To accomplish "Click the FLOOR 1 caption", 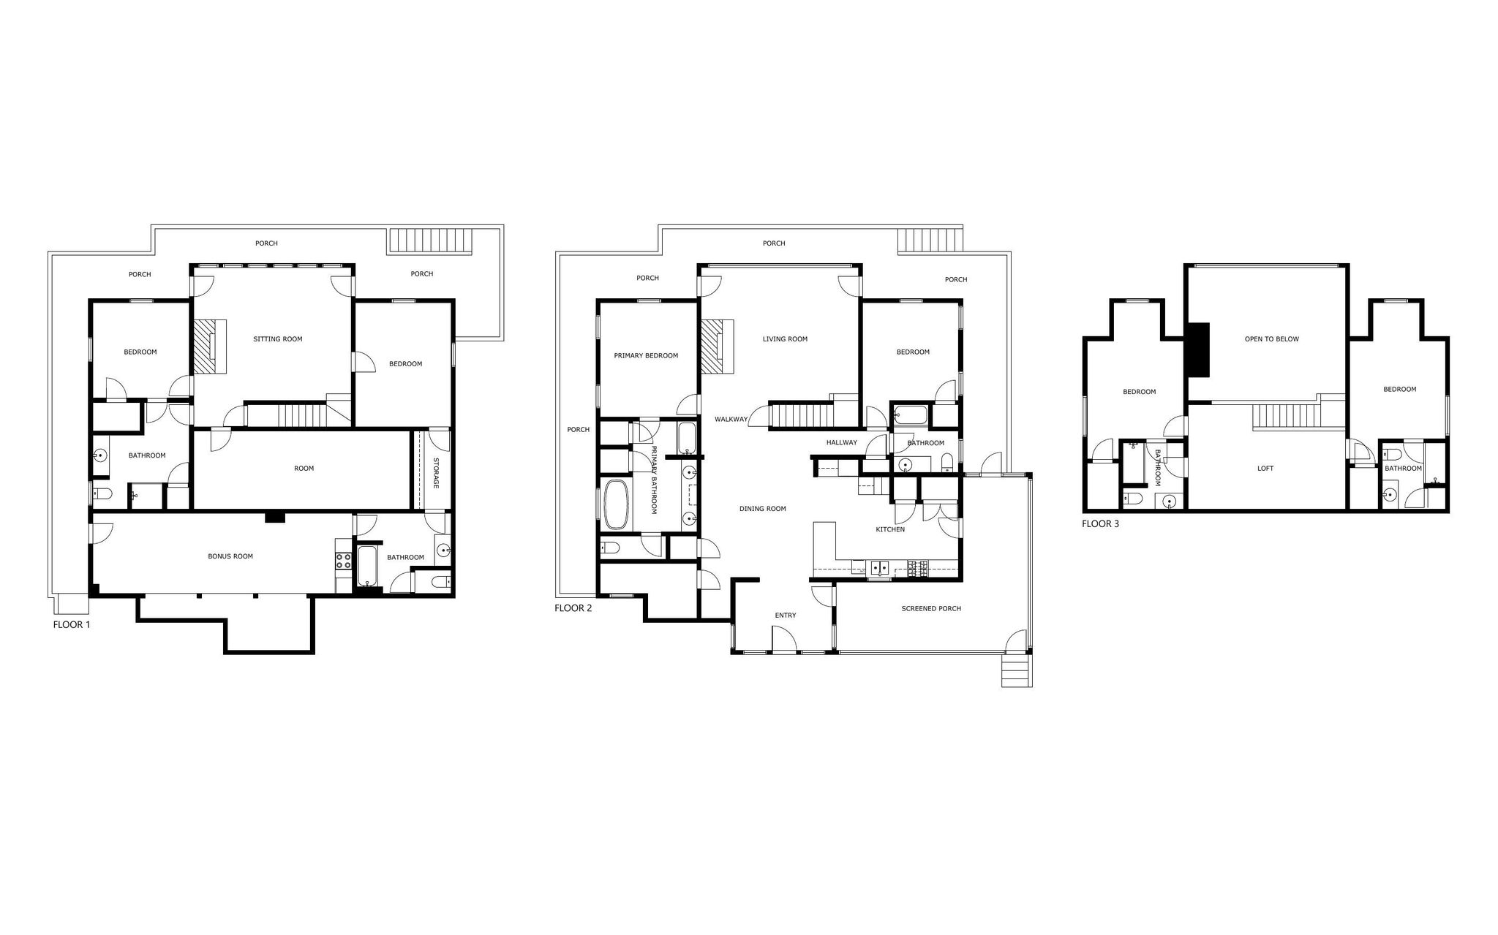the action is click(x=72, y=625).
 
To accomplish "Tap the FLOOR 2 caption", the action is click(x=573, y=608).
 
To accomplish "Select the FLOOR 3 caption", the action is click(x=1100, y=524).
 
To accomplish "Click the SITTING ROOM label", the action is click(x=278, y=339).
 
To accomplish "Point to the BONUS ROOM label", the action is click(x=230, y=556).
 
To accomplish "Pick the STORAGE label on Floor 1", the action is click(x=436, y=473).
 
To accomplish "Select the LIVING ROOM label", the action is click(x=785, y=339).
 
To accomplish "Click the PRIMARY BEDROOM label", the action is click(x=646, y=356).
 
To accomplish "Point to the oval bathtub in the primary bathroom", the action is click(x=616, y=504).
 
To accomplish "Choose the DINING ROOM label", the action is click(x=763, y=509).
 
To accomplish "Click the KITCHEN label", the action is click(x=891, y=529).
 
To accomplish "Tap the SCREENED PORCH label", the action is click(x=931, y=609).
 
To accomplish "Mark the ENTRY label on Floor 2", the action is click(x=786, y=616).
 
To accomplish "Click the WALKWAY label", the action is click(x=731, y=420).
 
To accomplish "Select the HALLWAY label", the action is click(x=842, y=443).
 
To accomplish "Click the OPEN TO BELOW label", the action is click(x=1272, y=339).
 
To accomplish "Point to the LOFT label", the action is click(x=1265, y=469).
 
